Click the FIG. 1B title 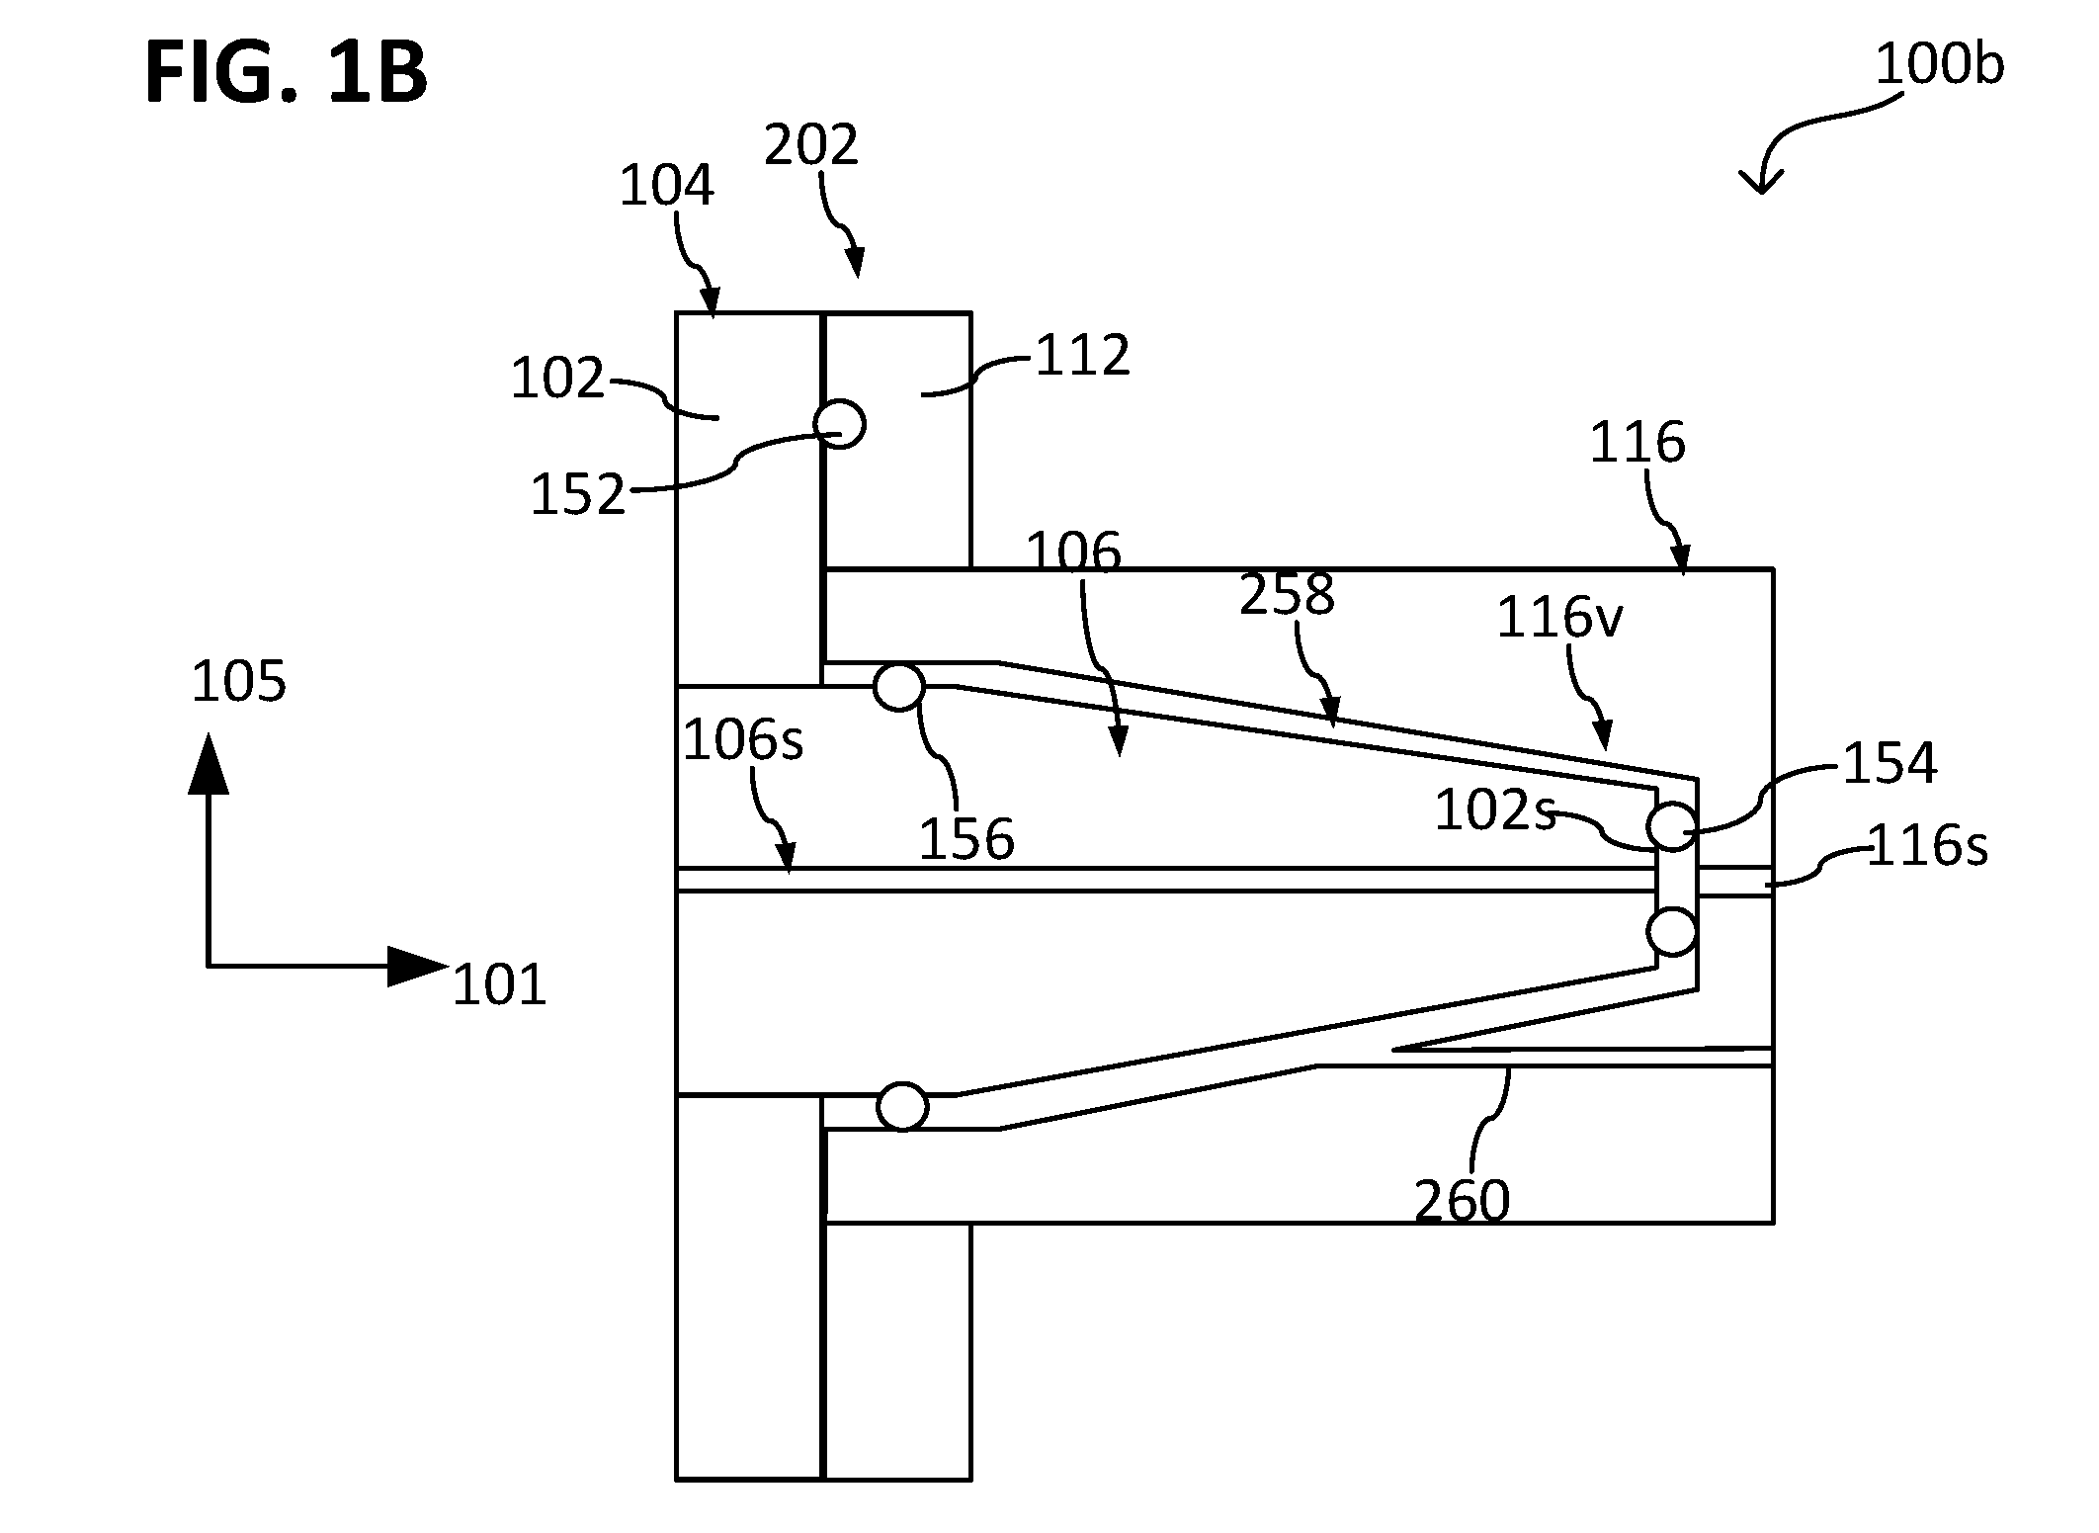[286, 75]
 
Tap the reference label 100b [1939, 66]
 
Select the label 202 [811, 145]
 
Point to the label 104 [666, 186]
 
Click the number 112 [1082, 356]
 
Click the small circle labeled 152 [840, 424]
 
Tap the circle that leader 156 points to [899, 685]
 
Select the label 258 [1288, 595]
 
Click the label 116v [1559, 619]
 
